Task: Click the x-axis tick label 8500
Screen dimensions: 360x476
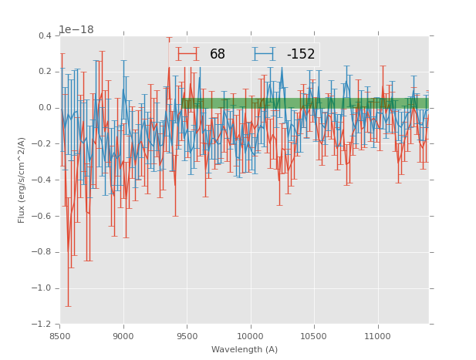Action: [x=60, y=336]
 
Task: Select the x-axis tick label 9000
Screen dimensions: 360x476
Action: [x=123, y=336]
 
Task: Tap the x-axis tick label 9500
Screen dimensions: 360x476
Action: [x=187, y=336]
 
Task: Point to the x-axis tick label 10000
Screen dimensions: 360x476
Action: [x=251, y=336]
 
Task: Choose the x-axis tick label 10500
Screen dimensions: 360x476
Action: [x=314, y=336]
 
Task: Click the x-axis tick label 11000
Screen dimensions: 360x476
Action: [x=377, y=336]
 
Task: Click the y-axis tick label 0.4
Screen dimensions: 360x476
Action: [x=46, y=35]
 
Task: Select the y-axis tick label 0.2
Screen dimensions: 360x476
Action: [x=46, y=72]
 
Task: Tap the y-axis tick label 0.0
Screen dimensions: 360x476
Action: [x=46, y=108]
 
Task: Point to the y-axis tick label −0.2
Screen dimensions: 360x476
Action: [x=43, y=143]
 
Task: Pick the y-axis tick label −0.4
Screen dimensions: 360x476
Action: [x=43, y=180]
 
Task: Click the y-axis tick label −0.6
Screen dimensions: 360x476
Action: [x=43, y=216]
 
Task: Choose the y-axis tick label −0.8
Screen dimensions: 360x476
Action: [x=43, y=252]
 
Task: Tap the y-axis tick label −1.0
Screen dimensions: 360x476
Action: [x=43, y=288]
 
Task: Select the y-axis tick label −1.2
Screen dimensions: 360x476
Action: [x=43, y=324]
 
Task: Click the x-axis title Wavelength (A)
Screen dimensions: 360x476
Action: [x=245, y=350]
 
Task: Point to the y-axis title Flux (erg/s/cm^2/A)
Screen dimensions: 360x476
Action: [x=22, y=180]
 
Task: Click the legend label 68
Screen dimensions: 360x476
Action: [x=218, y=55]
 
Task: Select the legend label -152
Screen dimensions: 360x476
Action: [x=300, y=55]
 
